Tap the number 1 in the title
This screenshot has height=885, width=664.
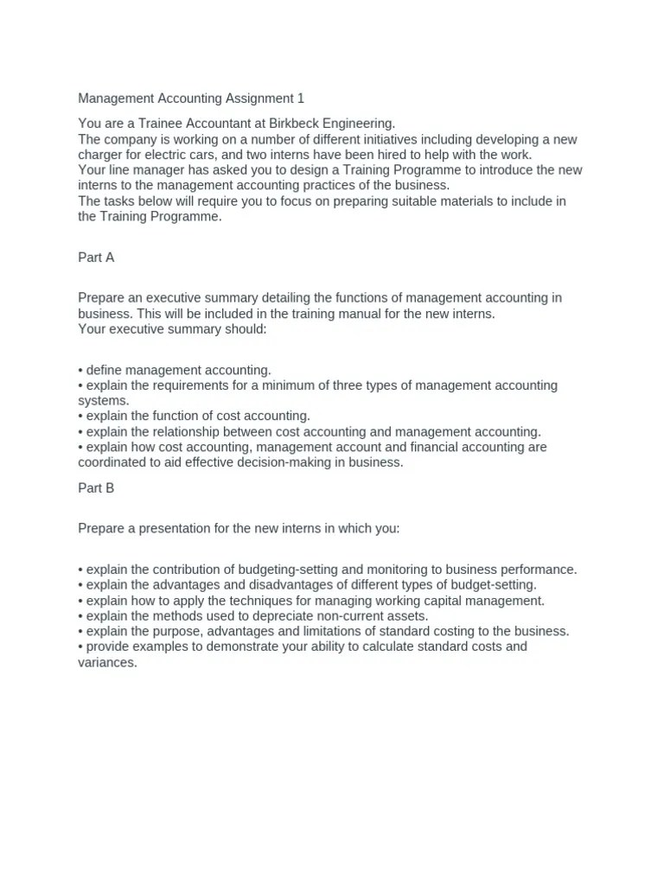[x=301, y=99]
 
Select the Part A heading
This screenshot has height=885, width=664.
[x=96, y=258]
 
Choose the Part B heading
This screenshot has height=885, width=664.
[x=96, y=487]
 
